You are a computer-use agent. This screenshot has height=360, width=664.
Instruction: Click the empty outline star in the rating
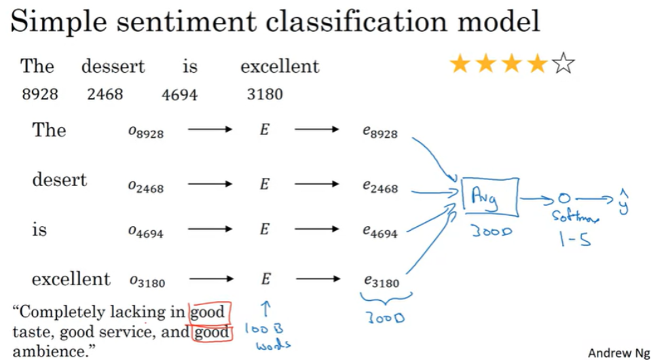563,65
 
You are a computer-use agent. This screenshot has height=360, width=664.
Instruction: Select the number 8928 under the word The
40,94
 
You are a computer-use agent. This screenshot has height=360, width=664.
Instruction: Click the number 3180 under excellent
265,94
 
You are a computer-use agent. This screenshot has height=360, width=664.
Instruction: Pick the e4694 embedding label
380,232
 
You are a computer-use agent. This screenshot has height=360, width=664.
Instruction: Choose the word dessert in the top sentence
113,67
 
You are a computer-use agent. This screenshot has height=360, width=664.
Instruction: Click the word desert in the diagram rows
60,180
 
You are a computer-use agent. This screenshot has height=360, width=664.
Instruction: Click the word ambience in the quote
51,351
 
